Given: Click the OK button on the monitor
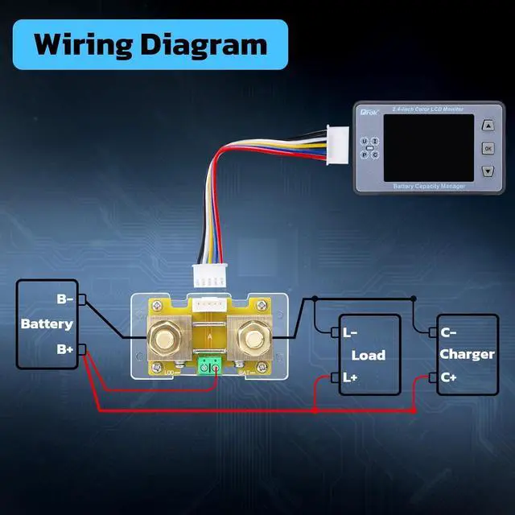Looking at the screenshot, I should (488, 149).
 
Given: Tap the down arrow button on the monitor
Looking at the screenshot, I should (488, 171).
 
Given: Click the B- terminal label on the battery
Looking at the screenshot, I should (65, 299).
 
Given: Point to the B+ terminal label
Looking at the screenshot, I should (65, 349).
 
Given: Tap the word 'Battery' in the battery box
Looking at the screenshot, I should (47, 324).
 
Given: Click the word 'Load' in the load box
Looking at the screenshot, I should (369, 355).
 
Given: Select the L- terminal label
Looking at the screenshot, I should (351, 332).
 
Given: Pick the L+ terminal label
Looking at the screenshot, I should (351, 377).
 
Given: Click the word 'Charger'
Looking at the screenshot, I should (468, 354).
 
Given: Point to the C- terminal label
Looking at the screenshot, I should (448, 332).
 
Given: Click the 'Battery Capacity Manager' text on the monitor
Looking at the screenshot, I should (430, 187).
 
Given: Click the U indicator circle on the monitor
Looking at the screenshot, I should (365, 142).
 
